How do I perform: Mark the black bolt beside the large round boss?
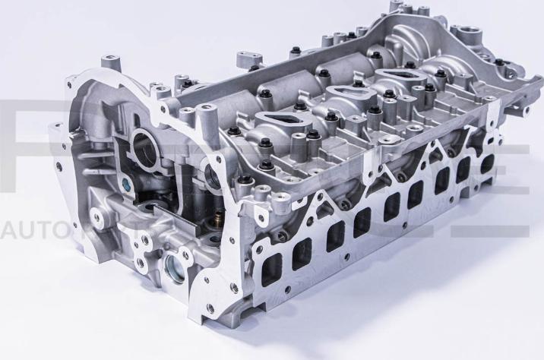pyautogui.click(x=498, y=62)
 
